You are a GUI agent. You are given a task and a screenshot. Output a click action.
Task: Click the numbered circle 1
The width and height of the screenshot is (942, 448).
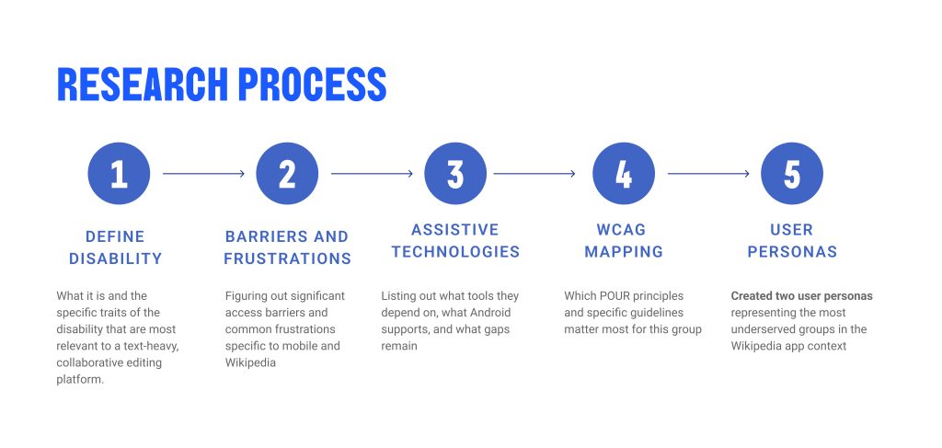click(119, 174)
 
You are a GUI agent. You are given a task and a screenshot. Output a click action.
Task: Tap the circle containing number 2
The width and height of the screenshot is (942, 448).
click(287, 174)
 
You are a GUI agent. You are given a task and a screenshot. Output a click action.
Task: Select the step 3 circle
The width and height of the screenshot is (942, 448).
click(455, 174)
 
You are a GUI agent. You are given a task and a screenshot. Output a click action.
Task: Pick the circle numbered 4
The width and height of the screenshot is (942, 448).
click(624, 174)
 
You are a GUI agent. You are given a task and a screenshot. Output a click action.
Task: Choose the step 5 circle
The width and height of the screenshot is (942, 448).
click(792, 174)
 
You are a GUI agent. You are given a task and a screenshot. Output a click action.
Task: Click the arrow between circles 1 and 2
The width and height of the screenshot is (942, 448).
click(203, 174)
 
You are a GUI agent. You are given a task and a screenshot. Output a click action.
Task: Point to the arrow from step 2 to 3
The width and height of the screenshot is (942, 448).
click(372, 174)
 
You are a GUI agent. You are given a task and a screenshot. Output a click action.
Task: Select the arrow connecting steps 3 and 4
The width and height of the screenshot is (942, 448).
click(534, 174)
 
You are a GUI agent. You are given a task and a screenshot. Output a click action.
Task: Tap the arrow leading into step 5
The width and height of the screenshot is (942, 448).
click(708, 174)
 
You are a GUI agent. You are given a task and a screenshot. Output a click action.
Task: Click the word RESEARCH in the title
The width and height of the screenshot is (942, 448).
click(143, 84)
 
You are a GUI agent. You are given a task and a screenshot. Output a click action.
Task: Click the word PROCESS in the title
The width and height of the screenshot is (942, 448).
click(313, 84)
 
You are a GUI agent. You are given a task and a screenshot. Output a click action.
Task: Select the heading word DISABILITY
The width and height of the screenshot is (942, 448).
click(115, 258)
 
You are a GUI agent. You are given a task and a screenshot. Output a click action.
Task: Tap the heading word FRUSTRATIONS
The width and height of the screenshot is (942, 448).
click(287, 258)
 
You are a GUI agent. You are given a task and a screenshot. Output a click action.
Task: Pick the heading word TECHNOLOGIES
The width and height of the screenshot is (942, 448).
click(455, 252)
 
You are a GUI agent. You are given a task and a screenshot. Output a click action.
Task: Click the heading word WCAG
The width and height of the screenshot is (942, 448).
click(621, 229)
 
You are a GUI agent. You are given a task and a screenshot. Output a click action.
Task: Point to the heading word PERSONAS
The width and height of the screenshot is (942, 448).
click(792, 252)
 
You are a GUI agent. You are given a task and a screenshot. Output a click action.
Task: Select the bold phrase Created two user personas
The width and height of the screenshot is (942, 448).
click(801, 296)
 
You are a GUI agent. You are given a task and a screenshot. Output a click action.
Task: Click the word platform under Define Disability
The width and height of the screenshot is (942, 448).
click(80, 380)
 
